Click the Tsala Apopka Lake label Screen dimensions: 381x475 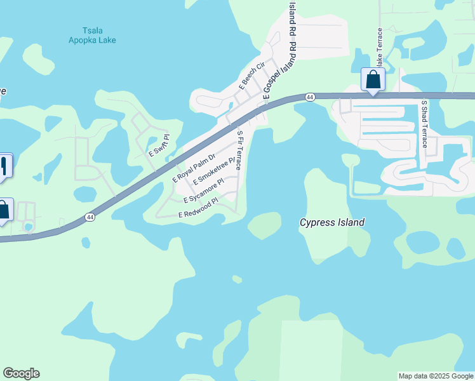[92, 35]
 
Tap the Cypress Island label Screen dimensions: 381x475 [332, 222]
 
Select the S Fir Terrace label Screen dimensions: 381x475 [239, 150]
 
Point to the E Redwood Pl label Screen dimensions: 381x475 [198, 208]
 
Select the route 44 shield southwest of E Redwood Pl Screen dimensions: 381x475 [90, 217]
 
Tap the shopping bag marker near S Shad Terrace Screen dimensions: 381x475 [373, 80]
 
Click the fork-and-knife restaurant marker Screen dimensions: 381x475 [4, 166]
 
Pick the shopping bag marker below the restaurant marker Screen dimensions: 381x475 [3, 210]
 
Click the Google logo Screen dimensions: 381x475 [21, 373]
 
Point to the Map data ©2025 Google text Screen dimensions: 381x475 [436, 376]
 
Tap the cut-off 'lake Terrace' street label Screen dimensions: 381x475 [380, 49]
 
